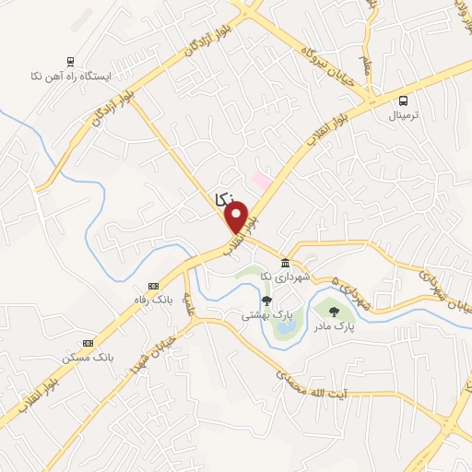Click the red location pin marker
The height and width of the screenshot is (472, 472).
coord(237,217)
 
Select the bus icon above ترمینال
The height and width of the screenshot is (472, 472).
coord(403,100)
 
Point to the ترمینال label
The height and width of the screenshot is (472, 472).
coord(403,115)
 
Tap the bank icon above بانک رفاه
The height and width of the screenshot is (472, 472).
coord(153,286)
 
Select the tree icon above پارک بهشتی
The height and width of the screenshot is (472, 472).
coord(267,300)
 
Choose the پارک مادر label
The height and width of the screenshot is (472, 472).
coord(333,325)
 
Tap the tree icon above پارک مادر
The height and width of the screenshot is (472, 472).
coord(333,312)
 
